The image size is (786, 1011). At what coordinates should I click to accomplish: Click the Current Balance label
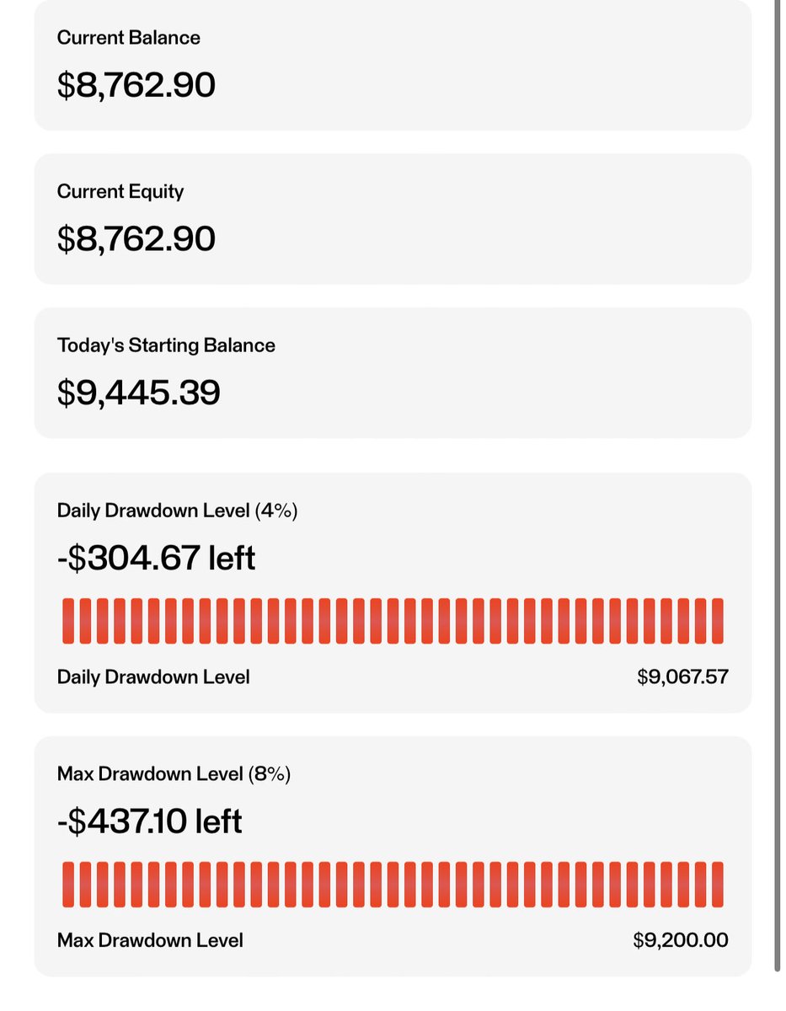(128, 38)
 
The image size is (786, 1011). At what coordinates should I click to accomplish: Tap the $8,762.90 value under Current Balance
(136, 85)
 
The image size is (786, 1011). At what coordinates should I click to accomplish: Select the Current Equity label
(120, 192)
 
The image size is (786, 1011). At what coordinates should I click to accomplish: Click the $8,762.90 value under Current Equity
(136, 238)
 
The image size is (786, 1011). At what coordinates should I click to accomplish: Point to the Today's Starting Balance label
(166, 345)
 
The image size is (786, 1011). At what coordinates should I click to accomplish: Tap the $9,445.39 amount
(138, 393)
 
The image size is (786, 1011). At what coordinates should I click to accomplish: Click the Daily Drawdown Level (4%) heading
(177, 511)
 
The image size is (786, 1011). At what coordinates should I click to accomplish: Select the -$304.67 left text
(156, 558)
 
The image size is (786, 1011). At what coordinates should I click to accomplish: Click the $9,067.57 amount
(682, 677)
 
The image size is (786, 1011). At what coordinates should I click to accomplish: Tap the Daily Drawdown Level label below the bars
(153, 677)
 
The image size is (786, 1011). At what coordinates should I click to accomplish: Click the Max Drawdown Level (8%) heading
(174, 774)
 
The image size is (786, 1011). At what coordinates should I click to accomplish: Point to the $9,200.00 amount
(681, 940)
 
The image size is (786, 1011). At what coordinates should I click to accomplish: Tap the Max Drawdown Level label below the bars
(150, 940)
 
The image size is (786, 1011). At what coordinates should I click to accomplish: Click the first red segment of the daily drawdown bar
(68, 621)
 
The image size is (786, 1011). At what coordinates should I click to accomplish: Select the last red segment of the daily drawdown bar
(718, 621)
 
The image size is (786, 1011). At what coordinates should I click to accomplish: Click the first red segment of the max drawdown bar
(68, 885)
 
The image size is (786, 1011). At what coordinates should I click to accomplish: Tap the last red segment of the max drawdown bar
(718, 885)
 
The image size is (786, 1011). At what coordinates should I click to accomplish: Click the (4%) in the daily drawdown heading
(275, 511)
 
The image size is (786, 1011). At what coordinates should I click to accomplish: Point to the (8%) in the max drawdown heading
(270, 774)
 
